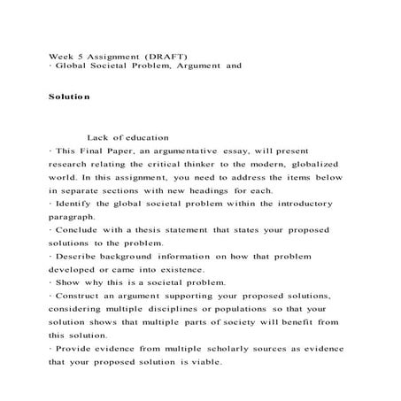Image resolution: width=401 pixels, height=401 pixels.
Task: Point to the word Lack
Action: [97, 136]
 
